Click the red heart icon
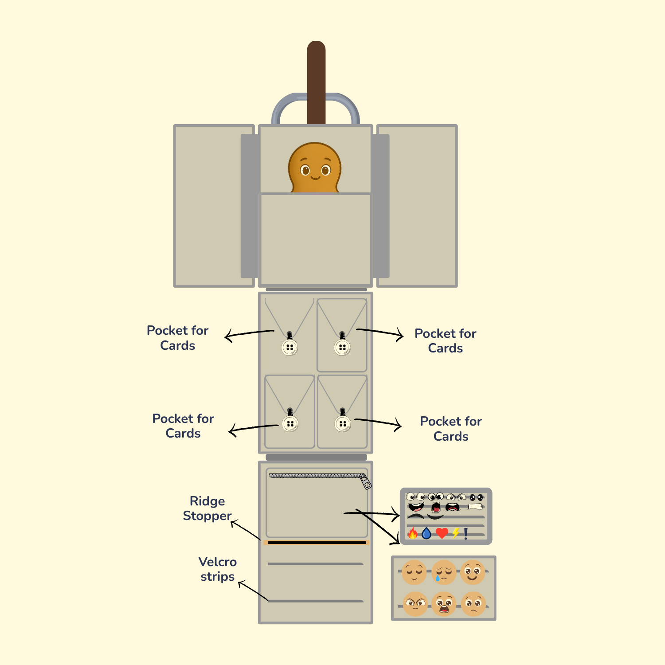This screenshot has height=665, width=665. [442, 533]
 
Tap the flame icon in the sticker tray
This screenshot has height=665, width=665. [413, 533]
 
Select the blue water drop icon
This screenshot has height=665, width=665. [426, 533]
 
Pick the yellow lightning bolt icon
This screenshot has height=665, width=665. [456, 533]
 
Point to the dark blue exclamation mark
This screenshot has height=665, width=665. [466, 533]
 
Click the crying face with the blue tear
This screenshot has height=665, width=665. [443, 572]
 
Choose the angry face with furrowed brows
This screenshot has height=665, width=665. [415, 604]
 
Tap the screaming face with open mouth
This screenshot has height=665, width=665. [444, 604]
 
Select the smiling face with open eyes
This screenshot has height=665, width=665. [473, 572]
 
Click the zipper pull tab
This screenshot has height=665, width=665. [366, 482]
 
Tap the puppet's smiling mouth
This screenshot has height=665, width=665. [315, 178]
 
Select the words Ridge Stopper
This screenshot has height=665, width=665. [207, 509]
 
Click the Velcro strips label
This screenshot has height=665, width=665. [217, 569]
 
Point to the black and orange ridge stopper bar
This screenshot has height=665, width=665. [317, 542]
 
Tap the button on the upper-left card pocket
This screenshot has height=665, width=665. [289, 347]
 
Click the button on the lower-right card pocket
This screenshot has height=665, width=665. [343, 424]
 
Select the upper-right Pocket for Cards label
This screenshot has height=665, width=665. [445, 340]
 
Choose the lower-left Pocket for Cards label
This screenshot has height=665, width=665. [183, 426]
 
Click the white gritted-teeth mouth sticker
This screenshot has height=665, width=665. [474, 507]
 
